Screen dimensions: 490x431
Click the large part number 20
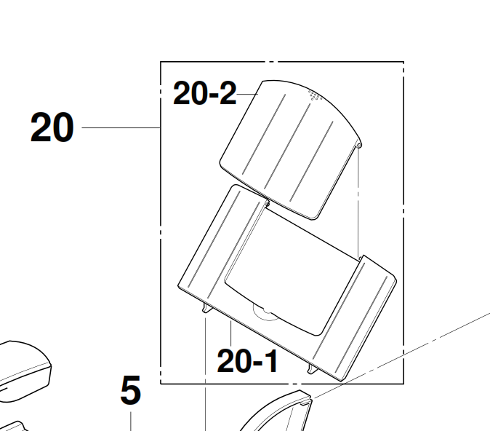coord(52,127)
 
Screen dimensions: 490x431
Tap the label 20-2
coord(205,93)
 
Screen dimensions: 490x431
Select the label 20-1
coord(247,361)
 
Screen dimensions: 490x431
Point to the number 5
coord(131,390)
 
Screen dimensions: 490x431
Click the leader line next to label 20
coord(121,127)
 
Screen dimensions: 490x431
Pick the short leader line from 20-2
coord(247,94)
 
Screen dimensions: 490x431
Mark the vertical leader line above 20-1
coord(231,333)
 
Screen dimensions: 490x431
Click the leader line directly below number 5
coord(131,422)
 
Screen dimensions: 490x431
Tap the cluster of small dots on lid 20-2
coord(315,95)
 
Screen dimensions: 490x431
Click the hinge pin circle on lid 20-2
coord(359,145)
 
